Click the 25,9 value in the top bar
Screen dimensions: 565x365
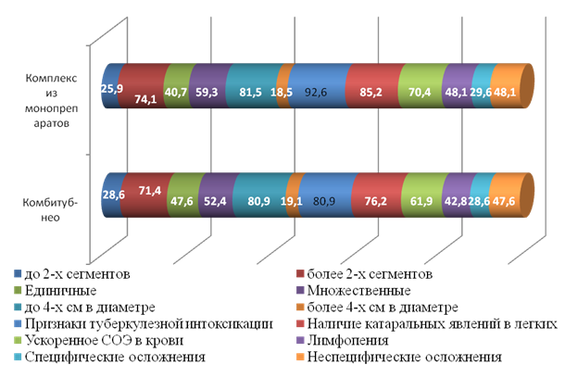tap(112, 88)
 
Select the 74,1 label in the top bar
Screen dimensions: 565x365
tap(145, 99)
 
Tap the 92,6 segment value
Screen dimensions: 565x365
tap(316, 93)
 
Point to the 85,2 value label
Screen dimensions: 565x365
tap(370, 93)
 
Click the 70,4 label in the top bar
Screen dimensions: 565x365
tap(420, 93)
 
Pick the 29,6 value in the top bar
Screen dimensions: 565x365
tap(481, 93)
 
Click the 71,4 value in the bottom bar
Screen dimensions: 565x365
tap(150, 190)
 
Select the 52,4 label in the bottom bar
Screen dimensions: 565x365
tap(215, 201)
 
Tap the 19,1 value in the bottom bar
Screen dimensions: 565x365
tap(292, 201)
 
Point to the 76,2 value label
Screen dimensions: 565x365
tap(375, 201)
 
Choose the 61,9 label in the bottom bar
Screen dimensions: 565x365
tap(421, 201)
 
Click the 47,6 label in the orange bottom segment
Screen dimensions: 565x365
tap(504, 201)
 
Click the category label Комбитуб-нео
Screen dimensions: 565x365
tap(50, 209)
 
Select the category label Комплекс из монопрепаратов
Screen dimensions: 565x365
tap(51, 101)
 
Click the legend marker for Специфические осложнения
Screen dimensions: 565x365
tap(18, 357)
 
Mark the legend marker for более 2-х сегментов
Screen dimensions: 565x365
tap(300, 274)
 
